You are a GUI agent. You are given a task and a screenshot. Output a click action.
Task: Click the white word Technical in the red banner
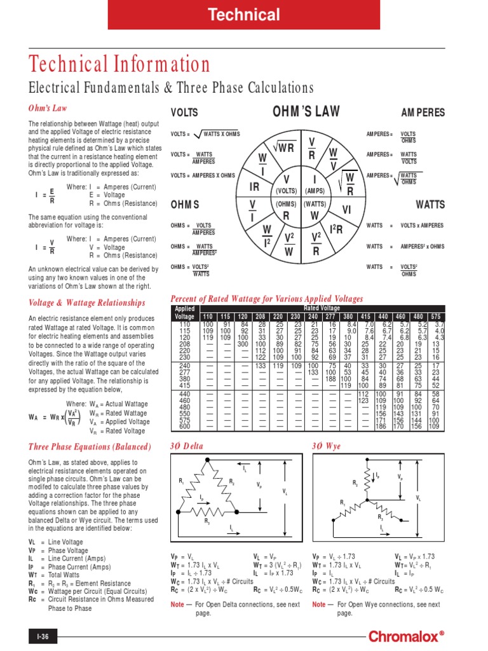245,15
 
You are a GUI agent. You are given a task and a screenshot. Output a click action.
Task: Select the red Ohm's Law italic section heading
48,108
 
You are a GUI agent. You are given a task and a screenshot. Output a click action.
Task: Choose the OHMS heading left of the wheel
185,205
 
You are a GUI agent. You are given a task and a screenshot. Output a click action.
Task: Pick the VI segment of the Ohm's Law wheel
347,209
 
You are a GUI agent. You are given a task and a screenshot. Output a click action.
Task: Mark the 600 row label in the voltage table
185,426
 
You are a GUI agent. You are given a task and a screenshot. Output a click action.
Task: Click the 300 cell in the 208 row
243,343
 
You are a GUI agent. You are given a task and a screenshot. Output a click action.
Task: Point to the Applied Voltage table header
185,312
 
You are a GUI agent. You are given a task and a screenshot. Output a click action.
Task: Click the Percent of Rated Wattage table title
268,299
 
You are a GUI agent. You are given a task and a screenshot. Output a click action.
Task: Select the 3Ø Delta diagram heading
187,446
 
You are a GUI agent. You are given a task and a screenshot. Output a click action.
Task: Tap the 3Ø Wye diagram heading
327,446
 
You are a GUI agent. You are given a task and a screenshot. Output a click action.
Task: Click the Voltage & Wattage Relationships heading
87,303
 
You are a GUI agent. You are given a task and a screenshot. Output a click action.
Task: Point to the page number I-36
38,636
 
